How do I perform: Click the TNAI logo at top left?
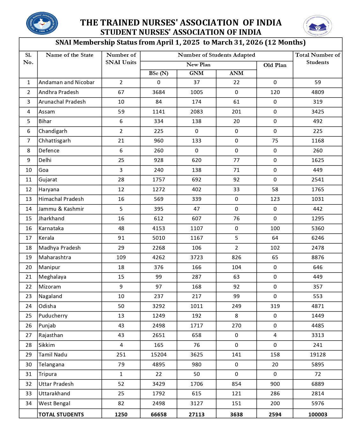click(42, 23)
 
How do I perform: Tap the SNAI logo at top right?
click(317, 26)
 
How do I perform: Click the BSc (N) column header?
click(158, 73)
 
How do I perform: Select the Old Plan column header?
click(275, 65)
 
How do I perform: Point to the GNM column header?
click(196, 73)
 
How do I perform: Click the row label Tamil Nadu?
click(53, 355)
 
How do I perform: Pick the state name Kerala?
click(47, 238)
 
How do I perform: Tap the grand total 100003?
click(318, 414)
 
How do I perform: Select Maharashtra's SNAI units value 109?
click(121, 257)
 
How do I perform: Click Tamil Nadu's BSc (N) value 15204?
click(158, 355)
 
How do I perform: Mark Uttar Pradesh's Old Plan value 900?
click(275, 384)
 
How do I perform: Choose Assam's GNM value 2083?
click(196, 112)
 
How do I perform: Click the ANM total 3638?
click(236, 414)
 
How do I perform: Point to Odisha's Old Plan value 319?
click(275, 306)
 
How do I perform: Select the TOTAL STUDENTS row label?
click(61, 414)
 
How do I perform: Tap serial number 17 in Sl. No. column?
click(29, 238)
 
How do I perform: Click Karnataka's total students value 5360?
click(318, 228)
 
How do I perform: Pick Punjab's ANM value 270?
click(236, 326)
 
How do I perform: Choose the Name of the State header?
click(70, 55)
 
